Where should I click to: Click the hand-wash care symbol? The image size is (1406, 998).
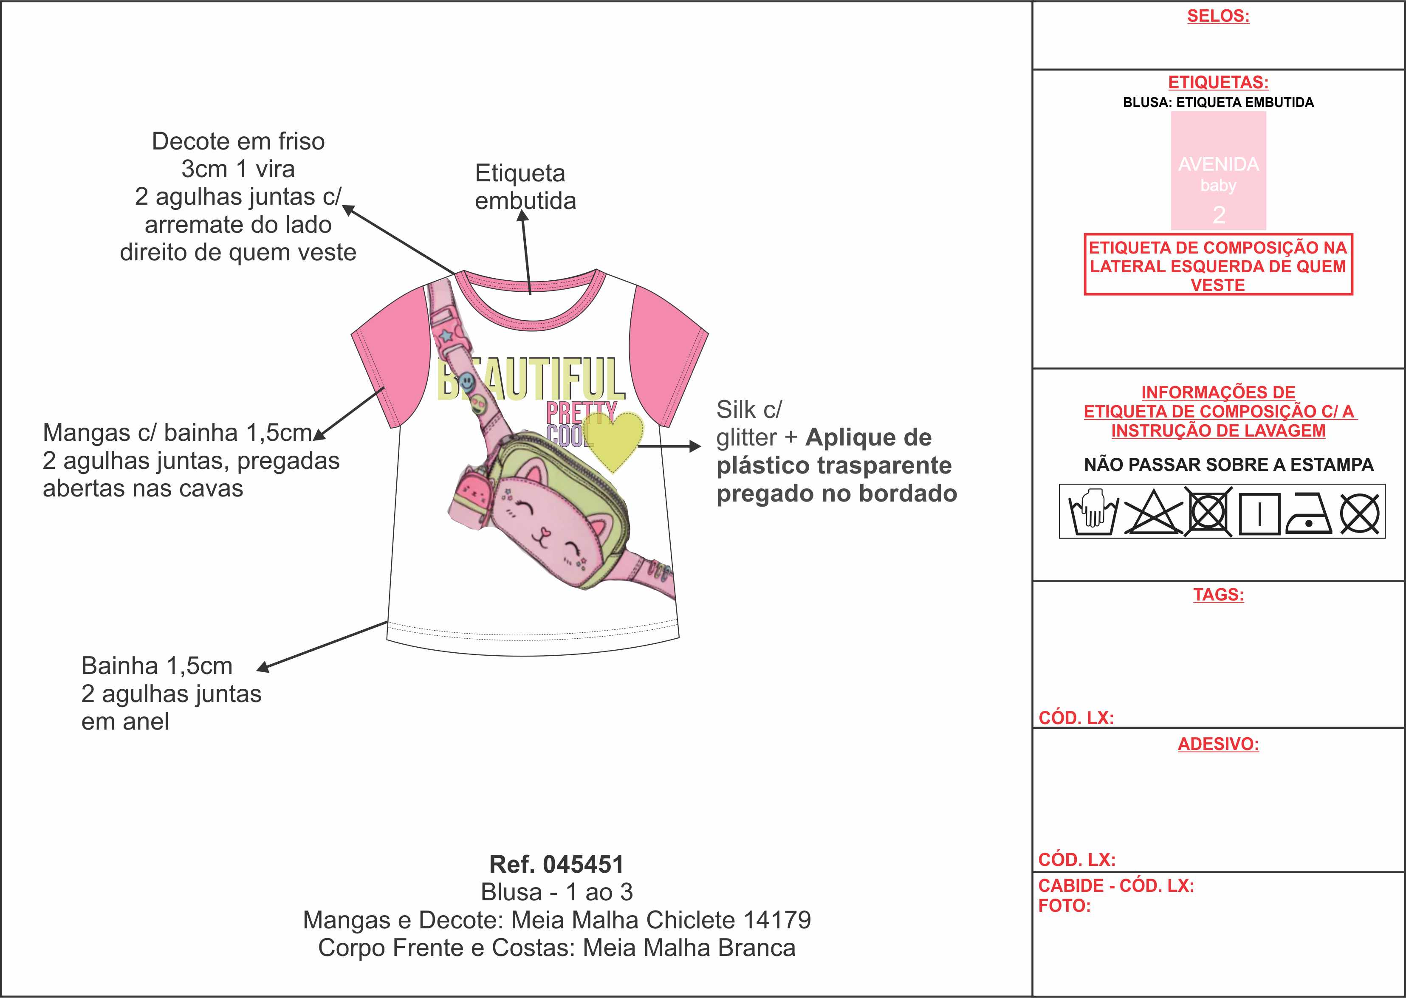(1093, 511)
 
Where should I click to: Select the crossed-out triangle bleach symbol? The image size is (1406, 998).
(1152, 512)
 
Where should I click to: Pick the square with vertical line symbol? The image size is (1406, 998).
(1259, 513)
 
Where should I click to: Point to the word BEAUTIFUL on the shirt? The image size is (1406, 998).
(531, 378)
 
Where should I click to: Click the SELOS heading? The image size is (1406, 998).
(1218, 16)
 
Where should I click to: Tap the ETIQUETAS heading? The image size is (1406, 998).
(1218, 82)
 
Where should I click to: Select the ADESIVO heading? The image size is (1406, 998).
(1218, 744)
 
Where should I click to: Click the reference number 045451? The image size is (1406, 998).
(583, 864)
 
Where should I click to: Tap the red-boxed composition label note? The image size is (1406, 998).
(1218, 265)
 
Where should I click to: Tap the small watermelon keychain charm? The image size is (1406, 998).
(470, 492)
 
